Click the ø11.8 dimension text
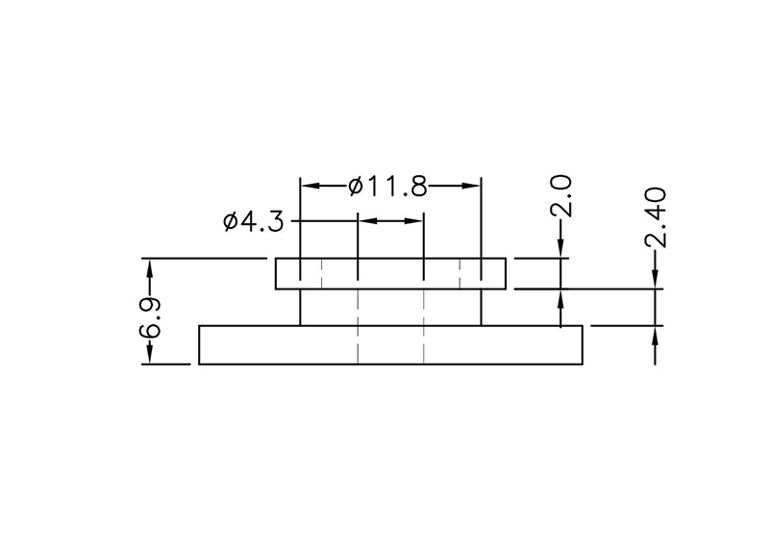(387, 186)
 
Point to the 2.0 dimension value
(562, 195)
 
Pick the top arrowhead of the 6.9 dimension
(149, 265)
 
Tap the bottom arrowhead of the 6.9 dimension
(149, 357)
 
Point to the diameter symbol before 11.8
(355, 186)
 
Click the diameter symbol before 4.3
(230, 223)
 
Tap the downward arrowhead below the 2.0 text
(562, 251)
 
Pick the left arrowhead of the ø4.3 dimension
(365, 221)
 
